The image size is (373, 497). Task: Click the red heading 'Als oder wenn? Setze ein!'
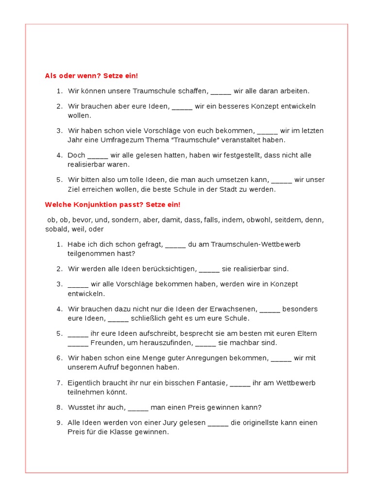pyautogui.click(x=91, y=76)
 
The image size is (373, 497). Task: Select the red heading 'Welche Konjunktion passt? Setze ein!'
pyautogui.click(x=112, y=205)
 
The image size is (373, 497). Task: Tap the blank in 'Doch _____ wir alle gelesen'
pyautogui.click(x=98, y=155)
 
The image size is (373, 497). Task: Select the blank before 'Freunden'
pyautogui.click(x=78, y=343)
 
